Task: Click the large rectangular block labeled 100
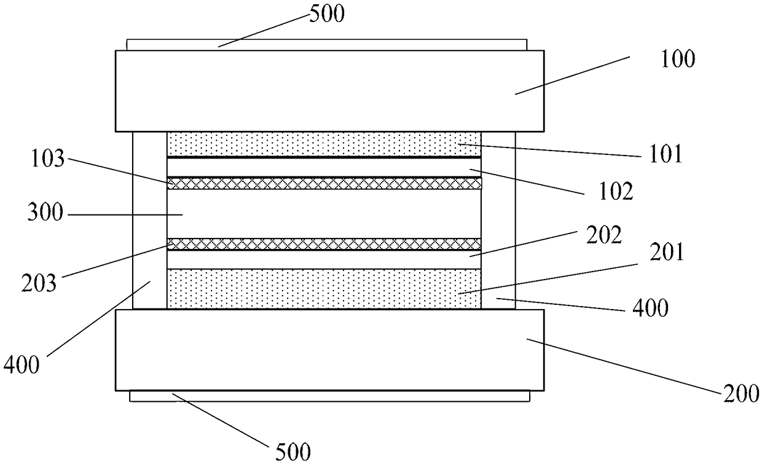tap(329, 91)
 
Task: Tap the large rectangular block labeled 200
tap(329, 349)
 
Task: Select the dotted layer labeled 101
tap(324, 144)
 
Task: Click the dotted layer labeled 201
tap(324, 288)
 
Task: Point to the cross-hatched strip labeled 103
tap(324, 183)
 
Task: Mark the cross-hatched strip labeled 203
tap(324, 244)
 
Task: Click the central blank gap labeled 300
tap(324, 213)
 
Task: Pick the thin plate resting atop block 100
tap(326, 45)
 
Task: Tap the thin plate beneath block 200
tap(329, 396)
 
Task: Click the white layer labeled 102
tap(324, 167)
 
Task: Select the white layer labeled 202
tap(324, 259)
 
